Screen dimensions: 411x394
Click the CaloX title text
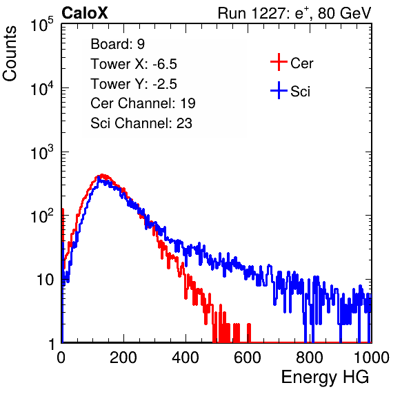[85, 13]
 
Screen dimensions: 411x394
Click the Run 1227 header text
[294, 13]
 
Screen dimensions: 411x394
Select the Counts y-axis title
[10, 54]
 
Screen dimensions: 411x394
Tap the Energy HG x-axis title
[325, 377]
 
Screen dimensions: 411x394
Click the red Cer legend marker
[279, 62]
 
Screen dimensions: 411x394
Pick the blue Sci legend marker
[279, 90]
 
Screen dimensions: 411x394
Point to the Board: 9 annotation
[117, 44]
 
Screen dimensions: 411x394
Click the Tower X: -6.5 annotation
[134, 64]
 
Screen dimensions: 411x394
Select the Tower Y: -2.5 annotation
[134, 84]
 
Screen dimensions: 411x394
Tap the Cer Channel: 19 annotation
[143, 103]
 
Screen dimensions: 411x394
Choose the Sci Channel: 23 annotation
[141, 123]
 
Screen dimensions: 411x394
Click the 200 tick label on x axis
[123, 357]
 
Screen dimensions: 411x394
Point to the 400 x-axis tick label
[186, 357]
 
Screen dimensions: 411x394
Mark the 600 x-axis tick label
[248, 357]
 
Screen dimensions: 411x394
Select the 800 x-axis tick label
[310, 357]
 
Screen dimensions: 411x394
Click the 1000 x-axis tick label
[372, 357]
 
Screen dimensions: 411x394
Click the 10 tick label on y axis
[45, 280]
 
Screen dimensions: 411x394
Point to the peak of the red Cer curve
[102, 175]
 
